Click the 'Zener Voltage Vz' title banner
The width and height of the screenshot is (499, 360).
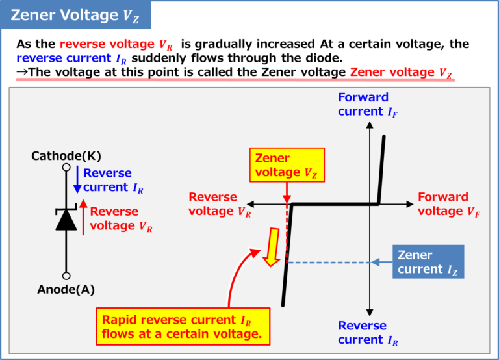[75, 15]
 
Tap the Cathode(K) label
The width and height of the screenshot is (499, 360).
[66, 156]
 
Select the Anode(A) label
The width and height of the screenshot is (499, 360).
[66, 290]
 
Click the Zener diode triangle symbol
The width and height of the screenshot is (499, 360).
[66, 220]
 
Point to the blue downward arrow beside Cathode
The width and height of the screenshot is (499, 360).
[77, 180]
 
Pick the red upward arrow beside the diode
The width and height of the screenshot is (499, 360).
[83, 218]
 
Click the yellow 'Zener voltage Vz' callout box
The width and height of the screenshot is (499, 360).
[287, 165]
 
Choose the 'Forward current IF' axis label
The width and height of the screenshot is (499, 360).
[368, 105]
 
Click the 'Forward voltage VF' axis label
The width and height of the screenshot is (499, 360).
[449, 203]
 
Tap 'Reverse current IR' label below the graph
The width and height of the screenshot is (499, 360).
[368, 333]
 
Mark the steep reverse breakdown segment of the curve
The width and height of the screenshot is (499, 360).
[287, 260]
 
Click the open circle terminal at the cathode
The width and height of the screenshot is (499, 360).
[66, 168]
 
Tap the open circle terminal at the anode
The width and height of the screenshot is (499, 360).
[66, 276]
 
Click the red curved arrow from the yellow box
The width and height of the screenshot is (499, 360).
[237, 273]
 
